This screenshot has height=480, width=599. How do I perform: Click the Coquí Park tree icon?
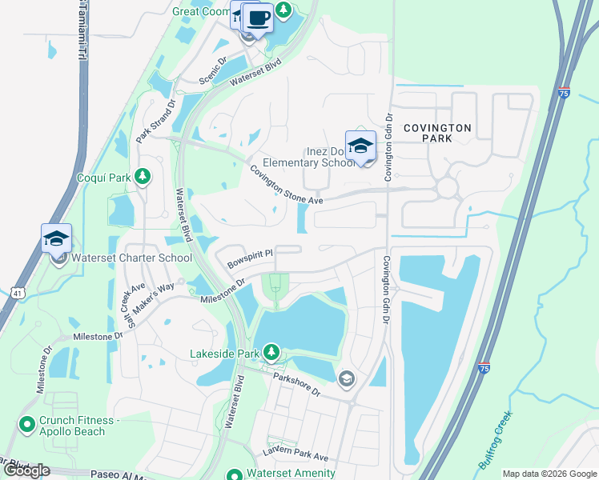point(143,176)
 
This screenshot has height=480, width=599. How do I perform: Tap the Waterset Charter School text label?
point(131,258)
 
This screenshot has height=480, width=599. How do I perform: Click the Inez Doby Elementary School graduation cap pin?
point(360,146)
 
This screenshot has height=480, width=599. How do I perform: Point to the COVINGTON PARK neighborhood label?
point(437,133)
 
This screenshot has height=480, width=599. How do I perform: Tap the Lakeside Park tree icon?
point(272,353)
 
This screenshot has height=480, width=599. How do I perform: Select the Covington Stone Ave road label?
point(285,185)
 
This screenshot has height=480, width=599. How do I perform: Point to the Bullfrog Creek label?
point(496,441)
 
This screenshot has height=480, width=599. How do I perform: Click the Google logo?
point(26,470)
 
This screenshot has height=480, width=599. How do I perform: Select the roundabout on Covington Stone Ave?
point(446,188)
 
